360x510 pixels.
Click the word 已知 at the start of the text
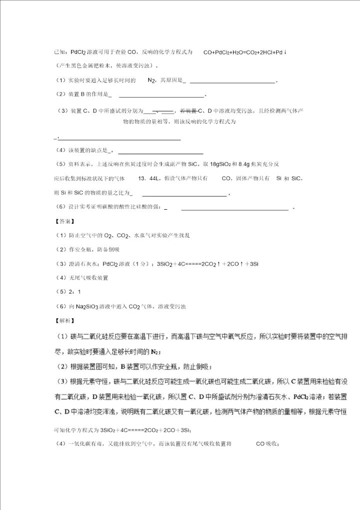[x=59, y=52]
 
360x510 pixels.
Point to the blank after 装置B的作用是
[x=161, y=96]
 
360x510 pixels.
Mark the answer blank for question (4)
[x=160, y=152]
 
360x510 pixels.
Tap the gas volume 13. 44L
[x=149, y=178]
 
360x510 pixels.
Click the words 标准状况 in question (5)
[x=94, y=178]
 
